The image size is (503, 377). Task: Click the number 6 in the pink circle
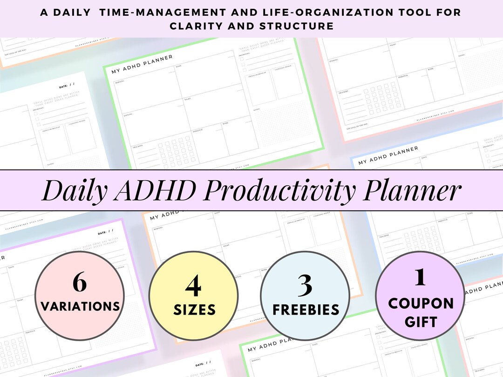[x=80, y=283]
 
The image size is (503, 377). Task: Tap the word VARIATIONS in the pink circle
[x=80, y=306]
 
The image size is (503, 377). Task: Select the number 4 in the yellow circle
[x=193, y=286]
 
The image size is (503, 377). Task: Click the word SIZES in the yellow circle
[x=194, y=310]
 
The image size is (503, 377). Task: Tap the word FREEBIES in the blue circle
[x=306, y=310]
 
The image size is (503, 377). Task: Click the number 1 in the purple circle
[x=420, y=278]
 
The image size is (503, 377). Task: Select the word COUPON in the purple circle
[x=421, y=303]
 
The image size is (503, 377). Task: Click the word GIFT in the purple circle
[x=421, y=322]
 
